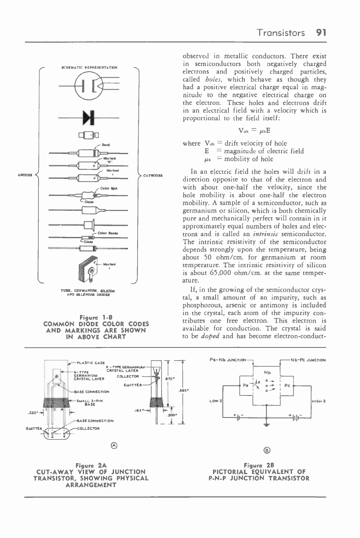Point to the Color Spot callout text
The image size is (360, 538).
(108, 188)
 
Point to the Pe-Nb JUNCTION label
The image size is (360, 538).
(228, 360)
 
